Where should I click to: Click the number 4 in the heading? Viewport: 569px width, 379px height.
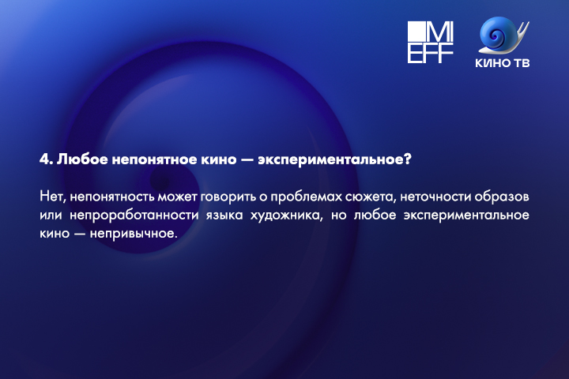tap(44, 159)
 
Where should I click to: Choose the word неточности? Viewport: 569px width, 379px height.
tap(435, 197)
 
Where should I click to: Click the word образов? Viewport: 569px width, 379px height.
tap(502, 197)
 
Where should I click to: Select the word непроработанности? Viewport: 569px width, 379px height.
tap(134, 216)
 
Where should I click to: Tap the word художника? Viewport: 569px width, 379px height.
tap(286, 216)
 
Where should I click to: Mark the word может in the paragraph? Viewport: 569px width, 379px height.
tap(177, 197)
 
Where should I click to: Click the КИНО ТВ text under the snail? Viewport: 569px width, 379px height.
tap(503, 63)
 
